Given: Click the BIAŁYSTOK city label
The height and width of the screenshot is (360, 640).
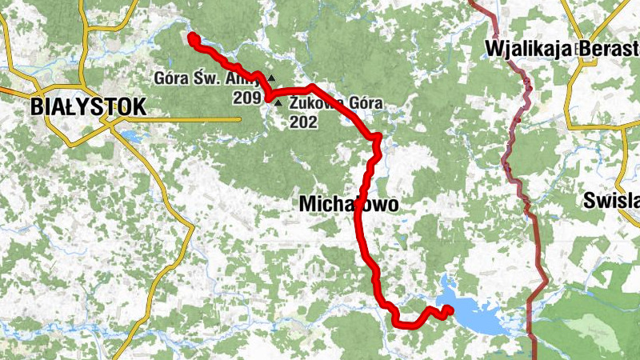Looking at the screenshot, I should tap(89, 106).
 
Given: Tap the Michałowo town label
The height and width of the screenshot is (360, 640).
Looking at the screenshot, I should tap(348, 205).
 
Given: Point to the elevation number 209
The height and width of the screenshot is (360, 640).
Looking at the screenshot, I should tap(246, 98).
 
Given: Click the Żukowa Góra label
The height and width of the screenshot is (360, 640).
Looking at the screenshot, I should tap(336, 103).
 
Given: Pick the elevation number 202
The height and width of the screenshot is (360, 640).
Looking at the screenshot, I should tap(305, 122).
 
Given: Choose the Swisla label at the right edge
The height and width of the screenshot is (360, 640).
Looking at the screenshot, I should tap(612, 200).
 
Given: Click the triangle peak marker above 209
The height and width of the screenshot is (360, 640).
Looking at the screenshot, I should tap(271, 78).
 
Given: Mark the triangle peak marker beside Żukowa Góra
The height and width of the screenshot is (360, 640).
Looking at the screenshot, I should tap(278, 103).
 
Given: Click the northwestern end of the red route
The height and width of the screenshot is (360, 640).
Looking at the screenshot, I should tap(191, 37).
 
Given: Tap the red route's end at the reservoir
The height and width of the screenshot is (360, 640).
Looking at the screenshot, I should tap(448, 310).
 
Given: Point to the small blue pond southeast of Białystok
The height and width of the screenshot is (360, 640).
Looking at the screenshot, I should tap(131, 138).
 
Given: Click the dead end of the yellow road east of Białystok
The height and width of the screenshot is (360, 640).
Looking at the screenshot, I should tap(241, 120).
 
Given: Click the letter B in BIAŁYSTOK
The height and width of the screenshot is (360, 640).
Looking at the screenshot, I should tap(37, 106).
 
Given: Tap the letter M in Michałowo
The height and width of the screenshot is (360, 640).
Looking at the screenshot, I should tap(306, 205).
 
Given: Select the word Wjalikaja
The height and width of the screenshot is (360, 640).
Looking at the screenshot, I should tap(527, 50).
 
